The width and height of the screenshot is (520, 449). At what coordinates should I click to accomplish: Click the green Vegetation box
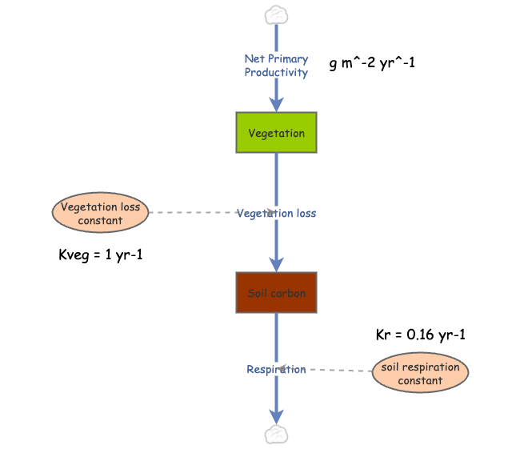(276, 132)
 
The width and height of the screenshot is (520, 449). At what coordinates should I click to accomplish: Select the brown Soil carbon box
(276, 293)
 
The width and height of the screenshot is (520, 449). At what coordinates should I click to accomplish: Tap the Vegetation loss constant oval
(101, 213)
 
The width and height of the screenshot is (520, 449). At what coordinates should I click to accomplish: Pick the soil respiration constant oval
(420, 373)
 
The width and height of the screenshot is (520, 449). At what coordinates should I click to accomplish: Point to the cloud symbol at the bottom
(276, 435)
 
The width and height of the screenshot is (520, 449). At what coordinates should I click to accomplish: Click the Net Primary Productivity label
(276, 66)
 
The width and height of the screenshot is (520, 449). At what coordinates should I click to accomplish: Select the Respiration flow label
(276, 369)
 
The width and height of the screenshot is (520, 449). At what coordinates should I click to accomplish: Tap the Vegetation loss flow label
(276, 213)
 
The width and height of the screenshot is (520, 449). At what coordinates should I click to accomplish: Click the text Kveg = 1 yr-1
(96, 256)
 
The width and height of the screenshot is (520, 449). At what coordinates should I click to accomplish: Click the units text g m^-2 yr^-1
(373, 63)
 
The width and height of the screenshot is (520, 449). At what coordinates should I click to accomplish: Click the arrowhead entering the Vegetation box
(276, 104)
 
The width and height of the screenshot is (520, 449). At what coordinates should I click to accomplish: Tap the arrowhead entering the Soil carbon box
(276, 265)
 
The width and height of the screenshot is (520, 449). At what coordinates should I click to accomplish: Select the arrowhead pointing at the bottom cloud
(276, 416)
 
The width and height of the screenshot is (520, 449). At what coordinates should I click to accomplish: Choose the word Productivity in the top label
(276, 72)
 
